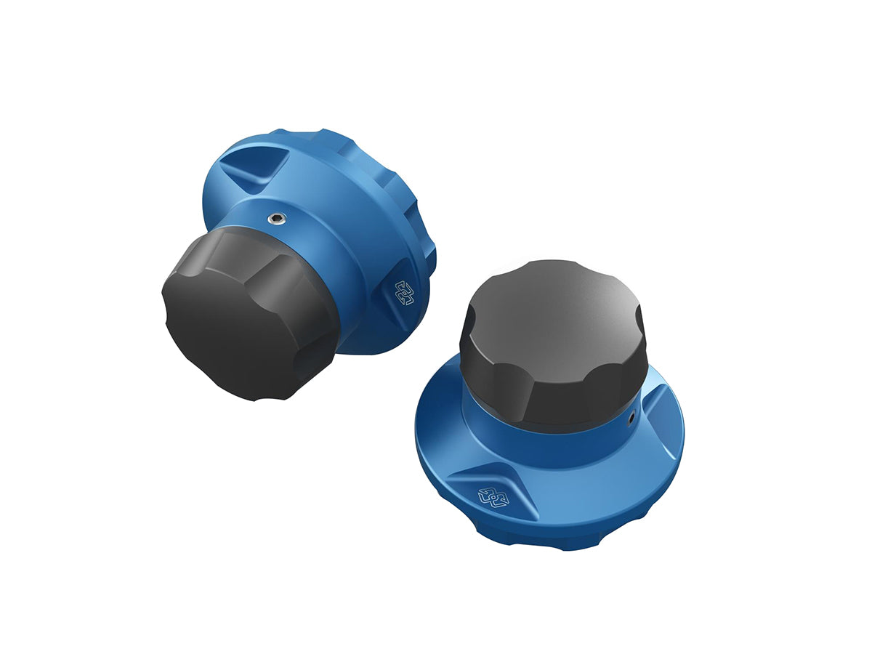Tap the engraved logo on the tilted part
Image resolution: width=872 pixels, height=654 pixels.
click(x=403, y=292)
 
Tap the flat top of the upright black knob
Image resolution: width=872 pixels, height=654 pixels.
click(x=552, y=298)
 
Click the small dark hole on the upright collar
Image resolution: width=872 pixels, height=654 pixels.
click(x=631, y=418)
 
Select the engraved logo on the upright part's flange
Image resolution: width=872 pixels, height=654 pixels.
click(x=492, y=497)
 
